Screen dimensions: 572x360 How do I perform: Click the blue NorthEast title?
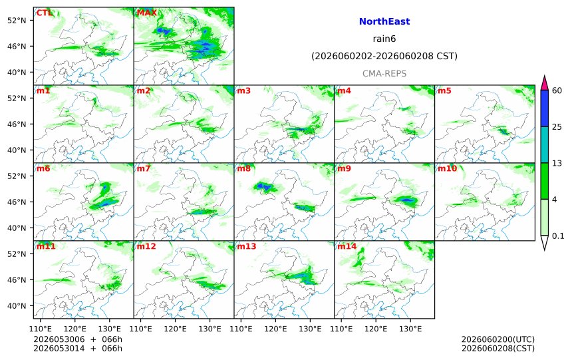(384, 21)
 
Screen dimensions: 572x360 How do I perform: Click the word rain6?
(384, 39)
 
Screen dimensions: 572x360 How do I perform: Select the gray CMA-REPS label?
(384, 73)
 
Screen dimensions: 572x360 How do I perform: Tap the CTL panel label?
(44, 13)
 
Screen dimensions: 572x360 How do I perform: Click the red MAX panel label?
(146, 13)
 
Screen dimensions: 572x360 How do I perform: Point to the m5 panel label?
(444, 91)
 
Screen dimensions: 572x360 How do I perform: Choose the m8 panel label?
(243, 168)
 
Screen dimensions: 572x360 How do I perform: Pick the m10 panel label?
(447, 168)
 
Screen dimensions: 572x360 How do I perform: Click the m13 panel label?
(247, 246)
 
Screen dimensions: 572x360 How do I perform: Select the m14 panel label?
(347, 246)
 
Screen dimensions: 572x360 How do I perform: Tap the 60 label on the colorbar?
(557, 90)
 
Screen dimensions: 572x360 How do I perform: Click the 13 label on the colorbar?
(557, 163)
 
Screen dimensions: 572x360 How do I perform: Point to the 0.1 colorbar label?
(558, 236)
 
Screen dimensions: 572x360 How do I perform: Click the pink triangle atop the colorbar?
(544, 84)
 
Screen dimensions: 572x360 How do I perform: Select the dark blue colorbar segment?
(544, 108)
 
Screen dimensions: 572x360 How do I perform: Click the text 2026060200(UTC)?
(498, 339)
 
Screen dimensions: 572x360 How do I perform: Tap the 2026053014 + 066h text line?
(78, 349)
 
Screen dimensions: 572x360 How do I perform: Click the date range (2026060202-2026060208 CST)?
(384, 56)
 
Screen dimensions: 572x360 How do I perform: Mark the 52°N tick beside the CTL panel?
(17, 20)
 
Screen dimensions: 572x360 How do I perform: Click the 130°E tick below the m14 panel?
(410, 329)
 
